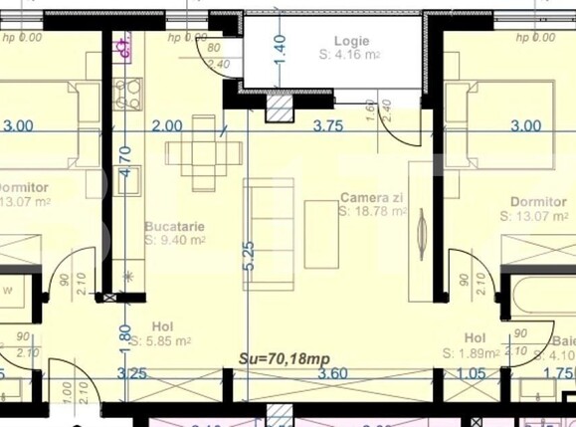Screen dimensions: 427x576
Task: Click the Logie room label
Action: pos(351,41)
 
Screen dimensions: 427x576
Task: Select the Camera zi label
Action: pos(371,197)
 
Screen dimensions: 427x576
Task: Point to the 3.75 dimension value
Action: pos(328,126)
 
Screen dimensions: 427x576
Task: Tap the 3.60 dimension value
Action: pos(331,374)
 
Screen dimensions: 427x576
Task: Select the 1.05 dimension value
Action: pos(472,374)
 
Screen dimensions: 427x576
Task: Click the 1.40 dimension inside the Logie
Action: pos(280,47)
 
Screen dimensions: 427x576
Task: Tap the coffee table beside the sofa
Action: pos(321,234)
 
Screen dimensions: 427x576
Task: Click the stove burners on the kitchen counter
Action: pos(127,96)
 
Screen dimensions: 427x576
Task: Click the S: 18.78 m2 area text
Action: pos(373,211)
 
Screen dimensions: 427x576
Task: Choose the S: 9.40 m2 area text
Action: pos(175,240)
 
